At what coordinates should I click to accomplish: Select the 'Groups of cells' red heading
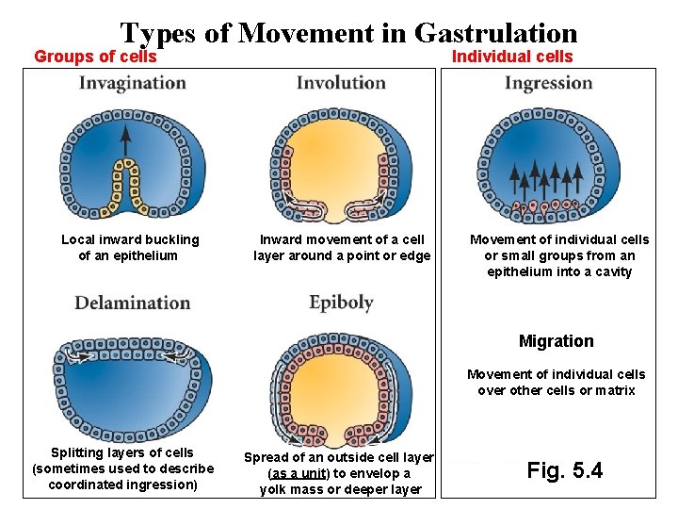click(95, 57)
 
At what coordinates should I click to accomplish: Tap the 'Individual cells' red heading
click(512, 57)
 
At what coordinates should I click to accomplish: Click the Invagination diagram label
click(133, 83)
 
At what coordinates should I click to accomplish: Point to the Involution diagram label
click(341, 83)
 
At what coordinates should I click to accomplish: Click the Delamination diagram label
click(133, 303)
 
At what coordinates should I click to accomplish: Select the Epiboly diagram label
click(341, 303)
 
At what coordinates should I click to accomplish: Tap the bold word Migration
click(557, 341)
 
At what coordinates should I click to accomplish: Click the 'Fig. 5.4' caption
click(565, 469)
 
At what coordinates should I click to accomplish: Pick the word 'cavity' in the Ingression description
click(612, 271)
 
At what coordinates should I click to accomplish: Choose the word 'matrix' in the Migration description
click(615, 390)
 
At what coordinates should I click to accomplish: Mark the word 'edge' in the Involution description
click(415, 255)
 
